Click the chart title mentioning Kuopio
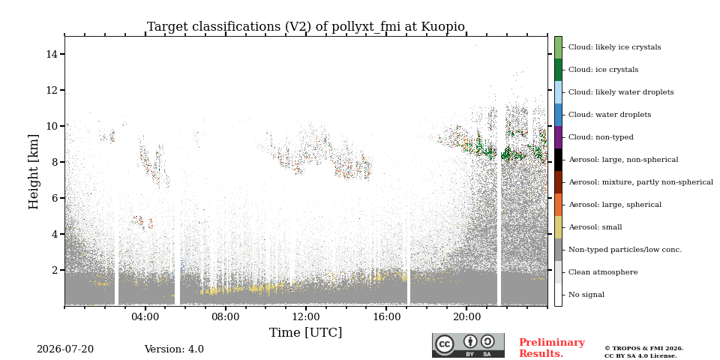tap(306, 27)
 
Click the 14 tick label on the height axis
tap(52, 54)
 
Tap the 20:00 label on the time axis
tap(467, 317)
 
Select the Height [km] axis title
tap(34, 172)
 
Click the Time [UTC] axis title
tap(306, 332)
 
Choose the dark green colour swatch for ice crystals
tap(558, 70)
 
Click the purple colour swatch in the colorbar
tap(558, 137)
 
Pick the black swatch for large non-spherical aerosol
tap(558, 160)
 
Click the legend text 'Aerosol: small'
tap(595, 227)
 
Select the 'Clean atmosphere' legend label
tap(603, 272)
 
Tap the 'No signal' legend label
tap(586, 295)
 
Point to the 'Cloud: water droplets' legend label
tap(610, 115)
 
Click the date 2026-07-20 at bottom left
tap(65, 349)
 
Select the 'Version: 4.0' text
tap(174, 349)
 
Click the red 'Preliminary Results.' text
tap(552, 348)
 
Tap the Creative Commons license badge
tap(468, 345)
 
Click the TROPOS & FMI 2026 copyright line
tap(643, 349)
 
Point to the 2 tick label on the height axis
tap(55, 270)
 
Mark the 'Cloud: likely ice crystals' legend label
tap(615, 47)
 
